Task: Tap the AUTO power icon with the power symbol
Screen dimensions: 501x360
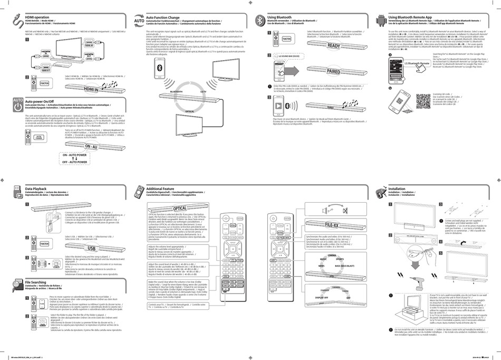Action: click(x=17, y=101)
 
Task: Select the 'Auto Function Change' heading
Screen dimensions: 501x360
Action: click(x=164, y=17)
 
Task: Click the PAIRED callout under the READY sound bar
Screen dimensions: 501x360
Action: click(x=333, y=71)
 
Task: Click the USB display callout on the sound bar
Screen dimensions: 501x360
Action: click(x=91, y=248)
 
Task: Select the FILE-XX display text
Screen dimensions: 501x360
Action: click(x=332, y=225)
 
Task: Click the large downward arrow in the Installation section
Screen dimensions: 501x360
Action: click(x=415, y=259)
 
